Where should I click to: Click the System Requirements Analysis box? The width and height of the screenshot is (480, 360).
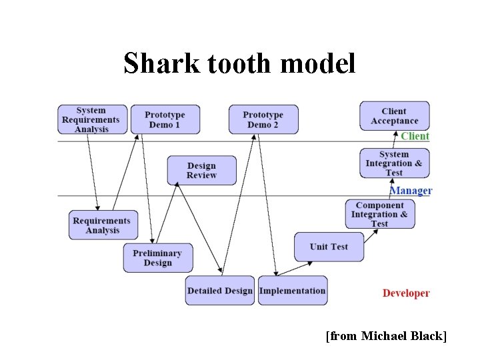91,120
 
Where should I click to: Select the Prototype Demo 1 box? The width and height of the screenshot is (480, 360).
165,120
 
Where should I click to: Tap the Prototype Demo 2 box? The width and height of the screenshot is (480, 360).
263,120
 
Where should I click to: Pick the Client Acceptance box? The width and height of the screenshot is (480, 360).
395,116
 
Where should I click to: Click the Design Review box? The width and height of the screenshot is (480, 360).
201,171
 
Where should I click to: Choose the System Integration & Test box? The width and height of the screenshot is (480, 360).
394,163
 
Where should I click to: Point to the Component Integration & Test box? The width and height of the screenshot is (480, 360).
380,215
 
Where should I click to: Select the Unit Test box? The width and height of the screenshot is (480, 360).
329,247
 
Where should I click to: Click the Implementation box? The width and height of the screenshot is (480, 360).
292,291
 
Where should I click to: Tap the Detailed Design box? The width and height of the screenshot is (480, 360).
220,291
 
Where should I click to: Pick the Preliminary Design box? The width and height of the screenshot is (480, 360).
157,258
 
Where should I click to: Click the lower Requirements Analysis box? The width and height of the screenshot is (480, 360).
103,225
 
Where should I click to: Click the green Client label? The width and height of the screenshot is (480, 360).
415,136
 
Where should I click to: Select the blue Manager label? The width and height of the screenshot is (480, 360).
411,191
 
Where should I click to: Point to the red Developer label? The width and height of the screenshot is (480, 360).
406,293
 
